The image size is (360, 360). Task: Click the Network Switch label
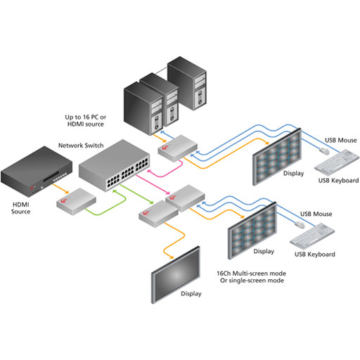coord(81,146)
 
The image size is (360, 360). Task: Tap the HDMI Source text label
coord(21,208)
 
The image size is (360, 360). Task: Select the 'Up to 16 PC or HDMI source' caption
coord(86,120)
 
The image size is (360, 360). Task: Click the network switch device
coord(115,165)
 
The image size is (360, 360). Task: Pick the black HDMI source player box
coord(37,171)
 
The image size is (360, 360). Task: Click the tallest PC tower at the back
coord(187,83)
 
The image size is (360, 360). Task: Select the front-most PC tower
coord(143,108)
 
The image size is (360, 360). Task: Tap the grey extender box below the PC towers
coord(177,148)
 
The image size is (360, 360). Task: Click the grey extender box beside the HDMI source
coord(77,201)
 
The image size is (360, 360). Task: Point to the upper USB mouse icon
coord(324,151)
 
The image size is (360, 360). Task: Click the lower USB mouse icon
coord(300,224)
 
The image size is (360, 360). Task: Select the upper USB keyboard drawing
coord(337,162)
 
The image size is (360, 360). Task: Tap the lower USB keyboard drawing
coord(312,236)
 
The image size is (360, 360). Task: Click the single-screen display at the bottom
coord(176,274)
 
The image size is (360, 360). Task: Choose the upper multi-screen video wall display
coord(277,157)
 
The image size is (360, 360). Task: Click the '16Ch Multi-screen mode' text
coord(251,274)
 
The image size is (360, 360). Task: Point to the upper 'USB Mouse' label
coord(341,140)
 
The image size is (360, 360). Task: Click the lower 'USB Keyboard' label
coord(315,255)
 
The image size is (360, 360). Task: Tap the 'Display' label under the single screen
coord(191,294)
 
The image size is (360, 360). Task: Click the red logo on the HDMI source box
coord(32,188)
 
